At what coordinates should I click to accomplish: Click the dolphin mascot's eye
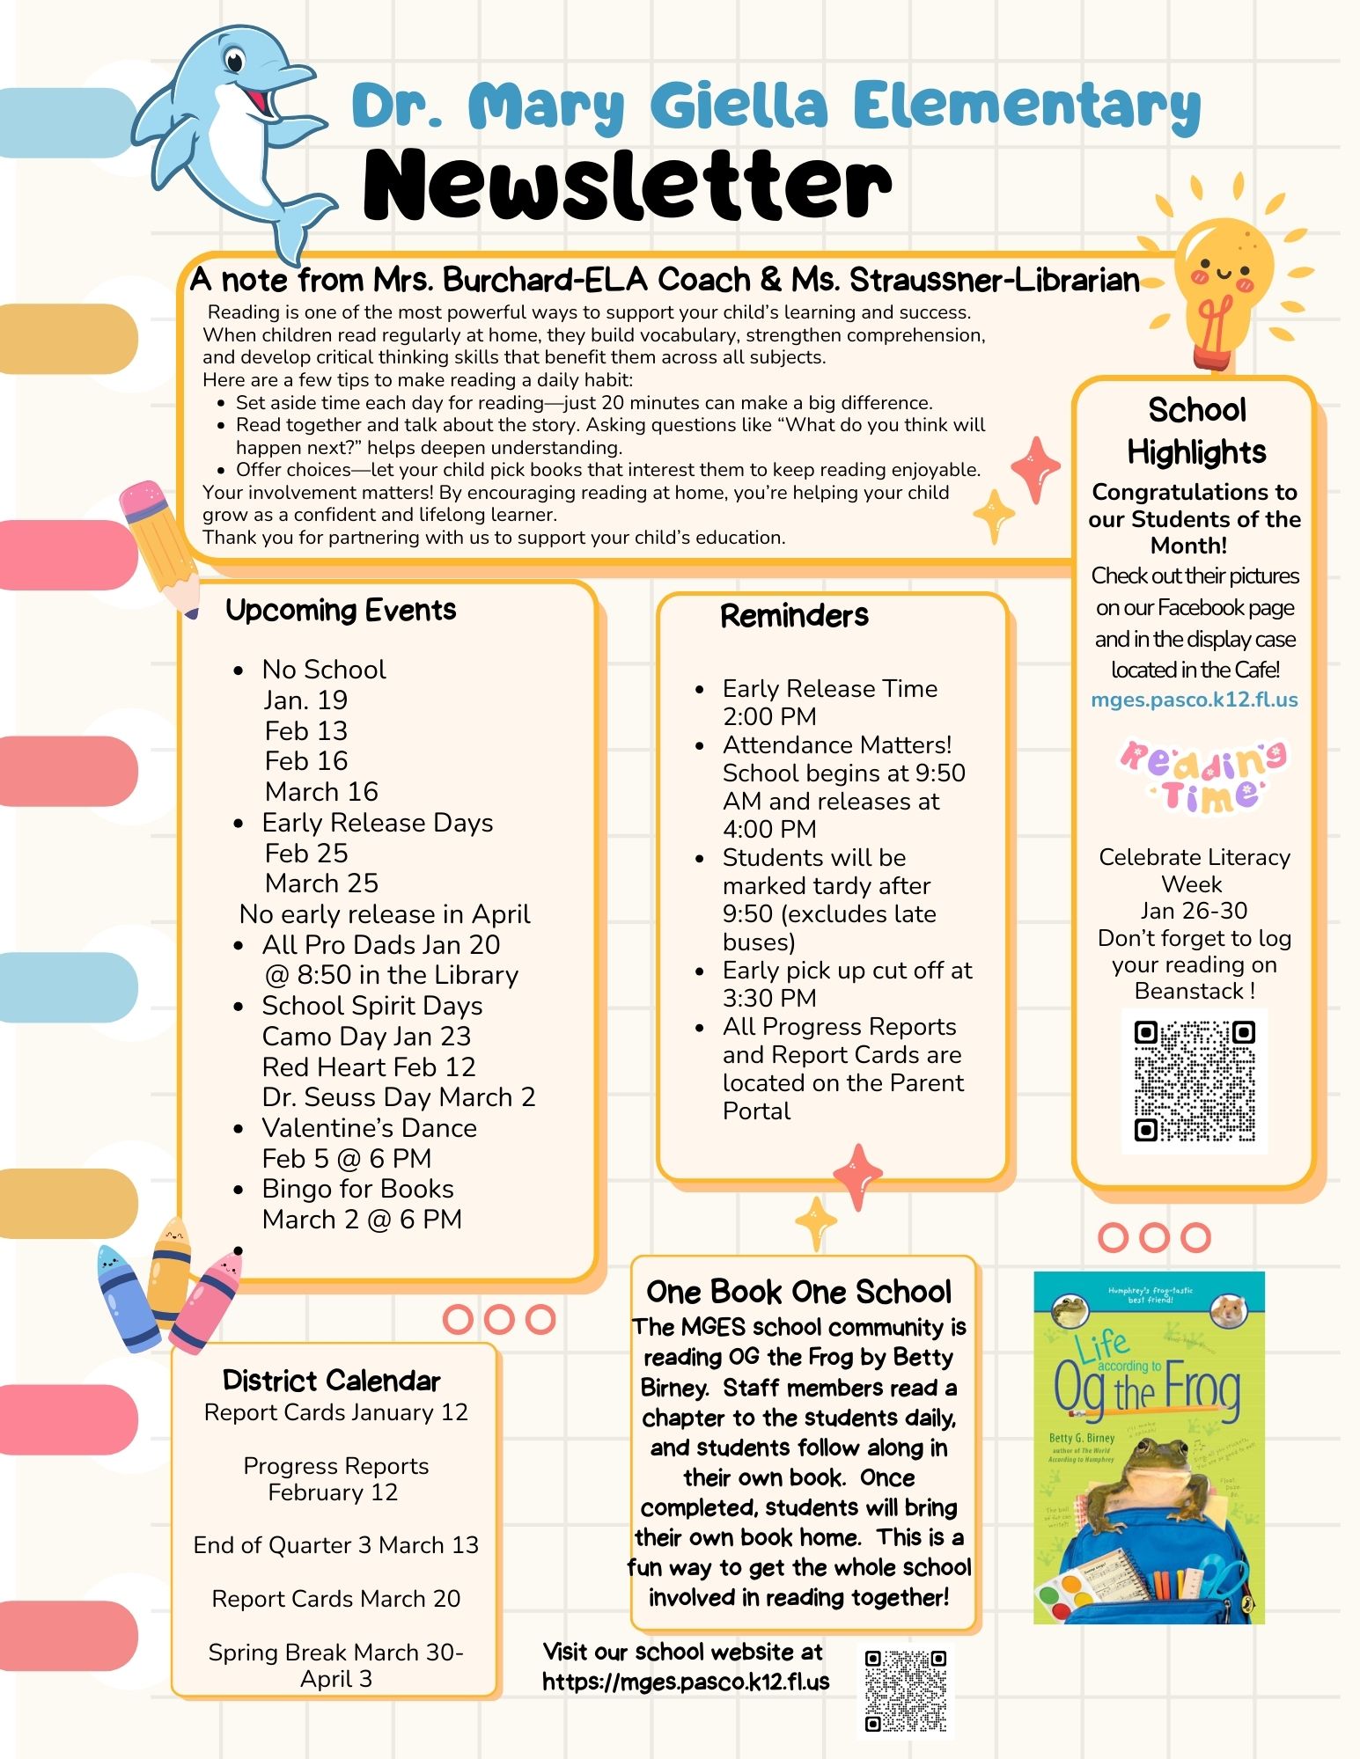[x=234, y=62]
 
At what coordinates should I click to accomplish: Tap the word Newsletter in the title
[x=627, y=185]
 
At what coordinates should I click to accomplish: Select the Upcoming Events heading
[x=341, y=610]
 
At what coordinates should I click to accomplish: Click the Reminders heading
[x=794, y=615]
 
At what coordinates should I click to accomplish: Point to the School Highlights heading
[x=1196, y=431]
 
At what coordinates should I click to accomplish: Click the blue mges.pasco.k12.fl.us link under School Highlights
[x=1195, y=700]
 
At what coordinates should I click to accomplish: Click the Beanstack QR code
[x=1195, y=1081]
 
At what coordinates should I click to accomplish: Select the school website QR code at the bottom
[x=906, y=1690]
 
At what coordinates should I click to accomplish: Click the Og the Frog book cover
[x=1149, y=1448]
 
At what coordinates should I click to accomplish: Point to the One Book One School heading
[x=799, y=1292]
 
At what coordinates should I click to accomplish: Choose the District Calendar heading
[x=332, y=1380]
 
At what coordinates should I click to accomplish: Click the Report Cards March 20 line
[x=336, y=1599]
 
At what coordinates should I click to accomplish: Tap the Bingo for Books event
[x=358, y=1189]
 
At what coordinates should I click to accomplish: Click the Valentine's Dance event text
[x=370, y=1128]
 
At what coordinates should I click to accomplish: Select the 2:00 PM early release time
[x=769, y=716]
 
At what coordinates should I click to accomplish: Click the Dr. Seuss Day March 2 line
[x=399, y=1097]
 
